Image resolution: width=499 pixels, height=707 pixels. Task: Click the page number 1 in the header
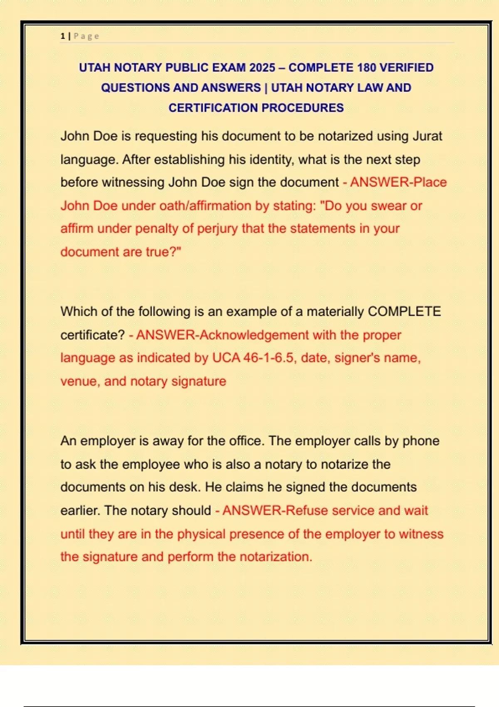pyautogui.click(x=62, y=36)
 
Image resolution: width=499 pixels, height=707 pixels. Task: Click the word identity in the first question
pyautogui.click(x=273, y=159)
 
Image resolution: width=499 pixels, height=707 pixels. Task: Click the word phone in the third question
pyautogui.click(x=421, y=441)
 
